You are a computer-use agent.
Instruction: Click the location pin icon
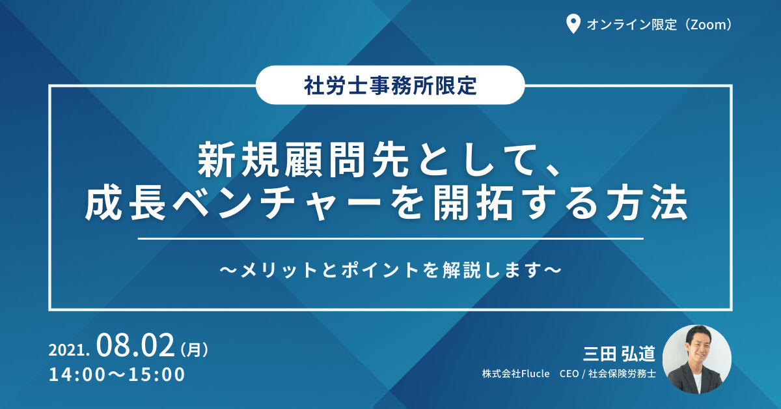click(x=573, y=24)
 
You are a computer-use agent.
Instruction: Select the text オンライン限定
click(x=632, y=25)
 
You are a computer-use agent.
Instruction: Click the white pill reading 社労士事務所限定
click(x=390, y=85)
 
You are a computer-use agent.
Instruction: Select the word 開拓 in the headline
click(x=473, y=204)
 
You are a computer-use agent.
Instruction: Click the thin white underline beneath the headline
click(x=390, y=239)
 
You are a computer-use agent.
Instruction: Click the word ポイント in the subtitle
click(x=380, y=270)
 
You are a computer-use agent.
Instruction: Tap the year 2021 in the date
click(x=66, y=350)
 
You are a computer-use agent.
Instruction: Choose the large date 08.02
click(x=135, y=345)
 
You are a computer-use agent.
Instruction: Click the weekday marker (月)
click(x=195, y=349)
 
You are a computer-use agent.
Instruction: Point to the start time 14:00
click(x=77, y=374)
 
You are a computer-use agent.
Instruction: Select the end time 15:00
click(x=157, y=374)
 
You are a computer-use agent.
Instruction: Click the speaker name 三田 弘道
click(x=619, y=354)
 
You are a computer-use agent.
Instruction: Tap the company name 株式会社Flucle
click(x=515, y=374)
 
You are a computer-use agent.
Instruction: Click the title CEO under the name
click(x=569, y=374)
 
